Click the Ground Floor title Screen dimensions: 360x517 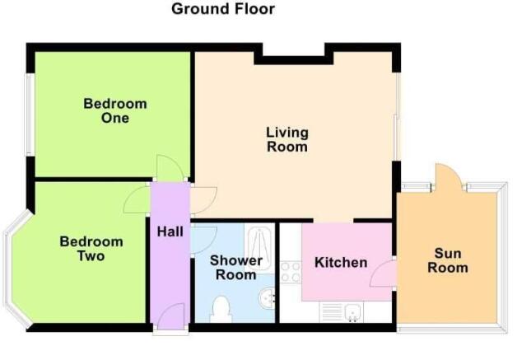click(x=223, y=9)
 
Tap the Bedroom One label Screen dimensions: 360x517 click(x=115, y=111)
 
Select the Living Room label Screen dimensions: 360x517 click(x=286, y=139)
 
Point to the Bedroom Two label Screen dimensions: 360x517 click(x=91, y=249)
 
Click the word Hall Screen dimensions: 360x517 click(x=170, y=232)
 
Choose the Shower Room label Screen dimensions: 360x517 click(x=236, y=268)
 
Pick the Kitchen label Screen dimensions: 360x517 click(x=341, y=263)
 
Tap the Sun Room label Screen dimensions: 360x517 click(x=448, y=260)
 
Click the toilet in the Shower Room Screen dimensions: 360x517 click(x=221, y=310)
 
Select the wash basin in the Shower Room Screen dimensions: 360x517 click(x=266, y=297)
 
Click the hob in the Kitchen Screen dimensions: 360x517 click(x=290, y=272)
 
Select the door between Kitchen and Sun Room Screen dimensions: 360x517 click(x=384, y=272)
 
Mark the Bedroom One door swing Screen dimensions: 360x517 click(x=170, y=167)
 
